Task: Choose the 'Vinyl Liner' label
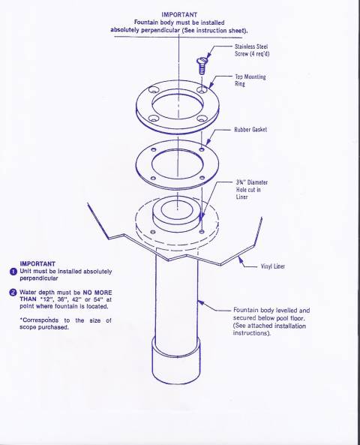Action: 273,266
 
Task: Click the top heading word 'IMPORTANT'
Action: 180,14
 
